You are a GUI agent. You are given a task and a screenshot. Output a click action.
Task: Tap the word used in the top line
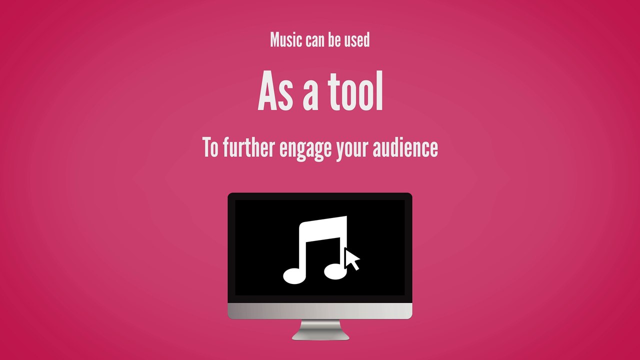(x=357, y=40)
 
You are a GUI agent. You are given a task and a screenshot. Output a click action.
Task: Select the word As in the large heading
(x=275, y=92)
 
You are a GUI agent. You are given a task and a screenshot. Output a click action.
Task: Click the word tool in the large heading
(x=355, y=92)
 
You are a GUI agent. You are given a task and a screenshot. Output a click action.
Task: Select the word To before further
(x=210, y=147)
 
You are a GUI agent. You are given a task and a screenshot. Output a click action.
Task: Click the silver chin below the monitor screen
(x=320, y=310)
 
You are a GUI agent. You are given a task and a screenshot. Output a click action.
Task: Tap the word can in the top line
(x=315, y=40)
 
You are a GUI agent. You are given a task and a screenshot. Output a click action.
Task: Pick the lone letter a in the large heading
(x=311, y=94)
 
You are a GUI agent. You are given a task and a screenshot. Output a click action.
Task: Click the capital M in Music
(x=274, y=40)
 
